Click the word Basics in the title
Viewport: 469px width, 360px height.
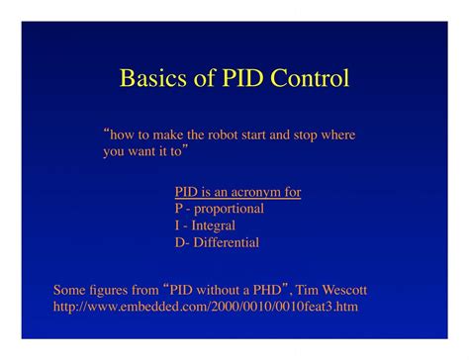pos(150,78)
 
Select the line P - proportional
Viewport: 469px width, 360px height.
pos(219,209)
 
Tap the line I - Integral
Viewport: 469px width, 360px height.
pos(205,225)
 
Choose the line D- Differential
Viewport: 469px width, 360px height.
pos(217,242)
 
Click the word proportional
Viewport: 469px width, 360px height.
pos(230,209)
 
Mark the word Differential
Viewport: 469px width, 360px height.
pos(227,242)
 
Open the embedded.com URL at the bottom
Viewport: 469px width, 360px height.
pos(205,308)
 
